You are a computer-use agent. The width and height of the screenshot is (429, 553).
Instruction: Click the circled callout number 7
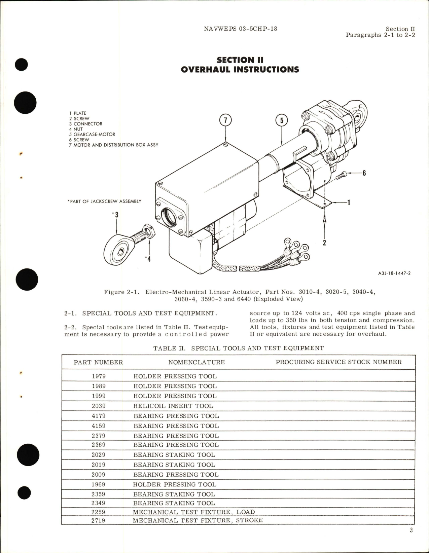coord(226,120)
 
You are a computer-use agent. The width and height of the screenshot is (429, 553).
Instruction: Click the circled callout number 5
coord(282,120)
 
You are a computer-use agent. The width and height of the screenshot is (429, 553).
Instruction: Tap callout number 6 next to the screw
coord(364,174)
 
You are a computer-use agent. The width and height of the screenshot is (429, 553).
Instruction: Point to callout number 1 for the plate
coord(349,203)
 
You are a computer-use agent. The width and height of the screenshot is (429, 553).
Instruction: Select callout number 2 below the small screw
coord(324,242)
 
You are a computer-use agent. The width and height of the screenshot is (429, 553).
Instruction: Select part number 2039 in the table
coord(99,406)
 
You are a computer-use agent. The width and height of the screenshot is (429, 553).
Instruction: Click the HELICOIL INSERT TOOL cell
coord(173,406)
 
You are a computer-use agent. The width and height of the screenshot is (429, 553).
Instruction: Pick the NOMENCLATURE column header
coord(196,362)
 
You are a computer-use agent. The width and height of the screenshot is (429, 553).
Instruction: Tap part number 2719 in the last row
coord(99,520)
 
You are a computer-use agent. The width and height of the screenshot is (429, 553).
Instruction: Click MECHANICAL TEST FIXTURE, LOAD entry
coord(194,512)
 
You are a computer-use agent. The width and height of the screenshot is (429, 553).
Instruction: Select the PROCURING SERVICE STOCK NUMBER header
coord(338,362)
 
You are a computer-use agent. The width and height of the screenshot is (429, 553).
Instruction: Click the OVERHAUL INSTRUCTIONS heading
coord(240,70)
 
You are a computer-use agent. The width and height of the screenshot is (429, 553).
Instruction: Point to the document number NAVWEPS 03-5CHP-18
coord(240,29)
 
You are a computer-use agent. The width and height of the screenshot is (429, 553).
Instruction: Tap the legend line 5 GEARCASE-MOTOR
coord(92,134)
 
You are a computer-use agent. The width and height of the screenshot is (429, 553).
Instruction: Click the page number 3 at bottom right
coord(411,530)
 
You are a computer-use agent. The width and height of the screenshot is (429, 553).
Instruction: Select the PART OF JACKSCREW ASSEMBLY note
coord(104,201)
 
